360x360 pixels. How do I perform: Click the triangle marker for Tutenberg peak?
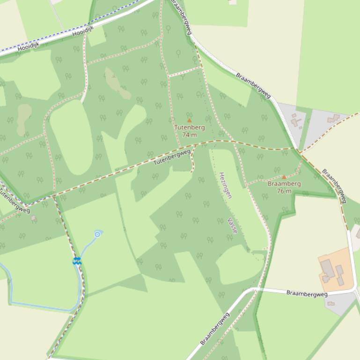pyautogui.click(x=189, y=121)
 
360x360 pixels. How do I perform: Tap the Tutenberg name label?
pyautogui.click(x=189, y=128)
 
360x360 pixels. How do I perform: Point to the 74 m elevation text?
pyautogui.click(x=189, y=135)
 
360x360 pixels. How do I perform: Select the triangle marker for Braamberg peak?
pyautogui.click(x=284, y=177)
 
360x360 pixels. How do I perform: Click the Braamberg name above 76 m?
pyautogui.click(x=284, y=184)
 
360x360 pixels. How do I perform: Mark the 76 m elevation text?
pyautogui.click(x=284, y=191)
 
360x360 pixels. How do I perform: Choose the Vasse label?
pyautogui.click(x=233, y=225)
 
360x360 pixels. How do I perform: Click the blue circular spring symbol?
pyautogui.click(x=97, y=234)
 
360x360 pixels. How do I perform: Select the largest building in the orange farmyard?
pyautogui.click(x=327, y=268)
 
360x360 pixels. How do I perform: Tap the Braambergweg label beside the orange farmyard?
pyautogui.click(x=307, y=293)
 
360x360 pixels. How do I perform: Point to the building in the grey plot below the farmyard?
pyautogui.click(x=331, y=303)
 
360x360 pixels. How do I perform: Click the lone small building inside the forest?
pyautogui.click(x=33, y=218)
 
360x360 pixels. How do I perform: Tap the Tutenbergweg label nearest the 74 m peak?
pyautogui.click(x=172, y=156)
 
